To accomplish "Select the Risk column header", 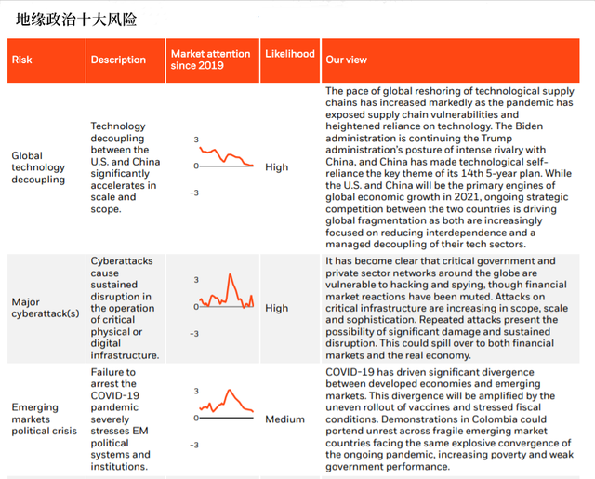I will point(21,60).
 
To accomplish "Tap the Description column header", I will point(118,60).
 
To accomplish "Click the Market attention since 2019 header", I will point(211,60).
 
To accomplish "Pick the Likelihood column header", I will point(289,54).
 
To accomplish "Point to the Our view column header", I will point(346,60).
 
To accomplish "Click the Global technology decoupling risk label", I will point(38,167).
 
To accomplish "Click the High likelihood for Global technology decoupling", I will point(276,167).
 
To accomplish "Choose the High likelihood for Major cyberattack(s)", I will point(276,308).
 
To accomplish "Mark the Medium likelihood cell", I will point(284,419).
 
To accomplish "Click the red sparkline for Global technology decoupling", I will point(223,156).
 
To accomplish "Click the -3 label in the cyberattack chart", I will point(195,333).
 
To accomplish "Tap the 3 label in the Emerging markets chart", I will point(196,392).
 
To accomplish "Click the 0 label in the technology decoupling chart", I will point(195,166).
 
